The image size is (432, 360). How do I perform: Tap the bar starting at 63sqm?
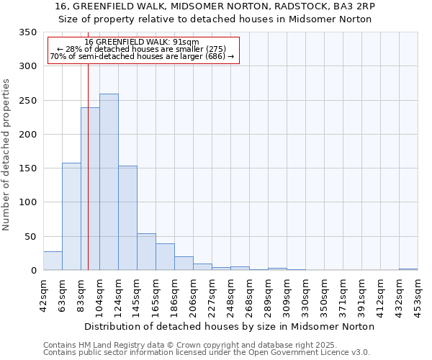tap(71, 216)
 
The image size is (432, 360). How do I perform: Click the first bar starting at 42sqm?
tap(53, 261)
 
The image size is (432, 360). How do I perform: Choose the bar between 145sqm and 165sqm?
tap(146, 252)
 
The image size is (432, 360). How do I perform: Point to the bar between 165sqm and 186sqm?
tap(165, 257)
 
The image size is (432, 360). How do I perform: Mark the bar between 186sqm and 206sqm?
tap(184, 264)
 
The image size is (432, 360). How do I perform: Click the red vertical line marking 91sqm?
tap(88, 144)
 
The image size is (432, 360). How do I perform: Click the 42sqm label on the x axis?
tap(44, 292)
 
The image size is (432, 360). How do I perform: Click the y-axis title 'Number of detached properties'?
tap(7, 155)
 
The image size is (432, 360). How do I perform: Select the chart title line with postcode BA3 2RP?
tap(215, 6)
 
